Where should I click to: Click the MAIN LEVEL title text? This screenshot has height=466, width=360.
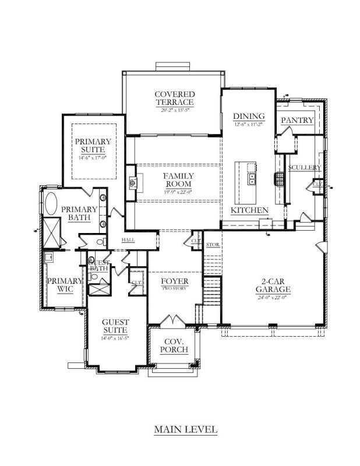pos(185,430)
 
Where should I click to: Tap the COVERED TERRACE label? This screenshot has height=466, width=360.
pos(175,98)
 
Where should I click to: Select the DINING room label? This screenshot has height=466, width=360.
pos(249,115)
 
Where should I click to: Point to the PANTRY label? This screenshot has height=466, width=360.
pos(297,120)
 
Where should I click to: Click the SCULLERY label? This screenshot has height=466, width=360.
pos(305,168)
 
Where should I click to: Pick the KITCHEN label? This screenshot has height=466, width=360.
pos(249,210)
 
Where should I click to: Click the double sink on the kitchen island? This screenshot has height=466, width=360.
pos(252,179)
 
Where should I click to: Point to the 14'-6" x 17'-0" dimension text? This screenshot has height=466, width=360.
pos(92,158)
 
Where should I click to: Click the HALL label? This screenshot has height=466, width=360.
pos(128,240)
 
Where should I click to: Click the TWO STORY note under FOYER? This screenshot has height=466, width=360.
pos(174,289)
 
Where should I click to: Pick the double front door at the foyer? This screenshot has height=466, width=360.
pos(174,321)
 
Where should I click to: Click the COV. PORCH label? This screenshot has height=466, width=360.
pos(174,345)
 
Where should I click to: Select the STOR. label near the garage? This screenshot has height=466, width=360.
pos(213,245)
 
